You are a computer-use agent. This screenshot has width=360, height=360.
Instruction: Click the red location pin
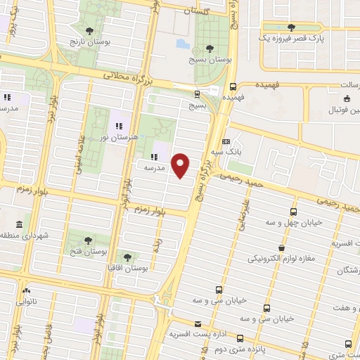(x=181, y=166)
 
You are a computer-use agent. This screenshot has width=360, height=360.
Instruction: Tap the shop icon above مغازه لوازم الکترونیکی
(x=281, y=247)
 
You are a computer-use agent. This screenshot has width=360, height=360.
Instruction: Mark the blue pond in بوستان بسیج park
(x=183, y=44)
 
